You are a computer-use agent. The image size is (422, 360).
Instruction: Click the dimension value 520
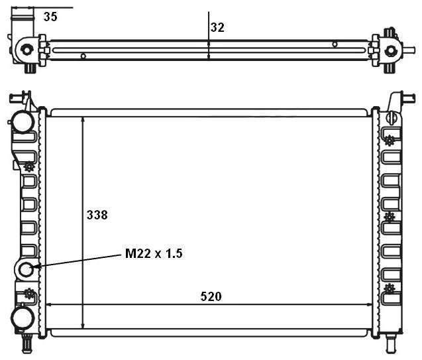point(211,296)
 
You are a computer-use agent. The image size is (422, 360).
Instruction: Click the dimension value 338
point(97,215)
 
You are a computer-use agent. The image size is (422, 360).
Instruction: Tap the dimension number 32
point(217,27)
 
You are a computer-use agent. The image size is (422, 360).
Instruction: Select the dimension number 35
point(50,17)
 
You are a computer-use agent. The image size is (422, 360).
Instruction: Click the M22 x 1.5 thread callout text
point(154,253)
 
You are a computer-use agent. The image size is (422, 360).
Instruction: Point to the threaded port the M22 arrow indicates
point(26,269)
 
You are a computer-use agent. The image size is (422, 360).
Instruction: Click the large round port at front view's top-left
point(23,121)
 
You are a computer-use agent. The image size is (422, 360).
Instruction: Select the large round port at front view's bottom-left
point(23,318)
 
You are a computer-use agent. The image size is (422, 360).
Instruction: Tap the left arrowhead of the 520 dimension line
point(49,305)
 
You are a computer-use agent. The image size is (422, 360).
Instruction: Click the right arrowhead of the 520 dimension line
point(369,305)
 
